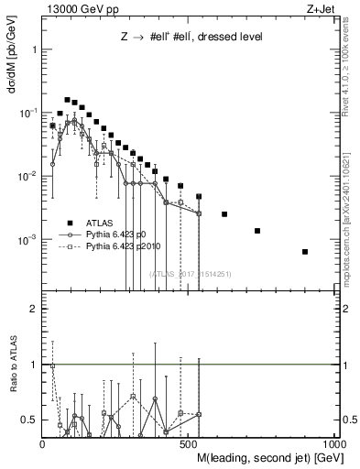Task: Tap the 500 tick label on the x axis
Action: pyautogui.click(x=189, y=445)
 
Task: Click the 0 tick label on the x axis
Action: pyautogui.click(x=43, y=445)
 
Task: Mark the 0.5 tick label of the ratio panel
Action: pyautogui.click(x=29, y=420)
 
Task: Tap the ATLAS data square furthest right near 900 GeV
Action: pyautogui.click(x=305, y=251)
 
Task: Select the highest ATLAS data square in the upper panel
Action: pyautogui.click(x=67, y=99)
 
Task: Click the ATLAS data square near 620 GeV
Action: pyautogui.click(x=224, y=214)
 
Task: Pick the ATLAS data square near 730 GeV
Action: pyautogui.click(x=257, y=231)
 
